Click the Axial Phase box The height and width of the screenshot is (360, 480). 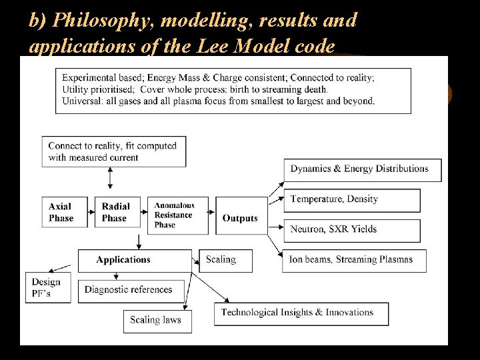tap(64, 212)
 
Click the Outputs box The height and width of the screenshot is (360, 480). tap(241, 218)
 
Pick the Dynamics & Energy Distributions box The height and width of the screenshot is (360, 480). tap(363, 169)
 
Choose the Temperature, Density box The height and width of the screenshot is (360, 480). tap(352, 199)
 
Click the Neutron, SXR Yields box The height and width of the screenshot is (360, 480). tap(352, 230)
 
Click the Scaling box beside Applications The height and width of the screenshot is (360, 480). tap(226, 260)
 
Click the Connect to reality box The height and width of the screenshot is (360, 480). tap(113, 151)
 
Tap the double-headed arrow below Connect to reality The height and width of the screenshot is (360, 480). tap(110, 178)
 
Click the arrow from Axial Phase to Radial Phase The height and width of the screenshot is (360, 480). tap(91, 212)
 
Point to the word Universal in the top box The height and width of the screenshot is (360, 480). tap(81, 101)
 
